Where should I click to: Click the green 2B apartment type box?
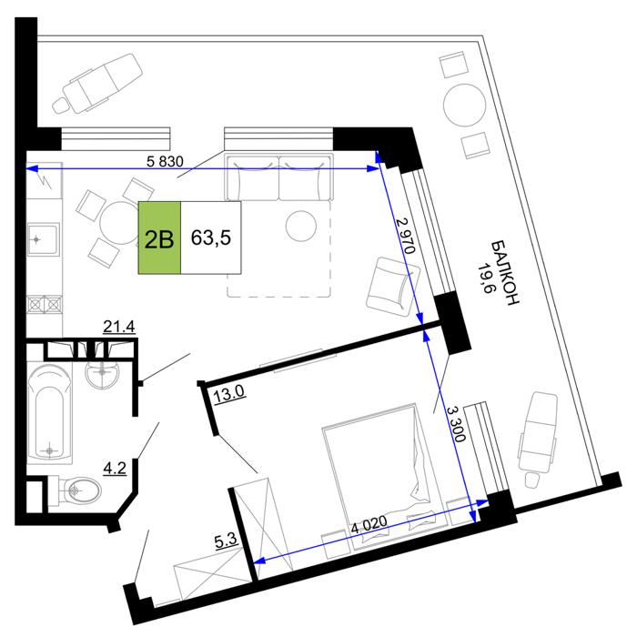click(x=159, y=238)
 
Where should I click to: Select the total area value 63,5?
click(x=211, y=238)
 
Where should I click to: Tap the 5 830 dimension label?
click(x=165, y=161)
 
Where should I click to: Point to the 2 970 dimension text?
click(x=406, y=236)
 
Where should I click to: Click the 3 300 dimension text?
click(x=456, y=424)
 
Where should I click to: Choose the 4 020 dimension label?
click(x=369, y=525)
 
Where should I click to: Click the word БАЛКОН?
click(x=505, y=272)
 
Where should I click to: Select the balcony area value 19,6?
click(x=484, y=278)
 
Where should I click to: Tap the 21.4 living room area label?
click(x=119, y=326)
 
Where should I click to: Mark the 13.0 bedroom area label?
click(x=228, y=393)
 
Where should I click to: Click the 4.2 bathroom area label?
click(x=115, y=468)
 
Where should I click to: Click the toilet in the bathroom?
click(x=75, y=490)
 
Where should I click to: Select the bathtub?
click(x=49, y=413)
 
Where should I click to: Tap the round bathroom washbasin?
click(x=102, y=373)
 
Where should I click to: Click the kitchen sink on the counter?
click(x=44, y=238)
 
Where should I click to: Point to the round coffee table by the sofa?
click(x=301, y=226)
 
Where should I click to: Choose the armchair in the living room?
click(x=393, y=287)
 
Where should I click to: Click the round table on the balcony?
click(x=464, y=106)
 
